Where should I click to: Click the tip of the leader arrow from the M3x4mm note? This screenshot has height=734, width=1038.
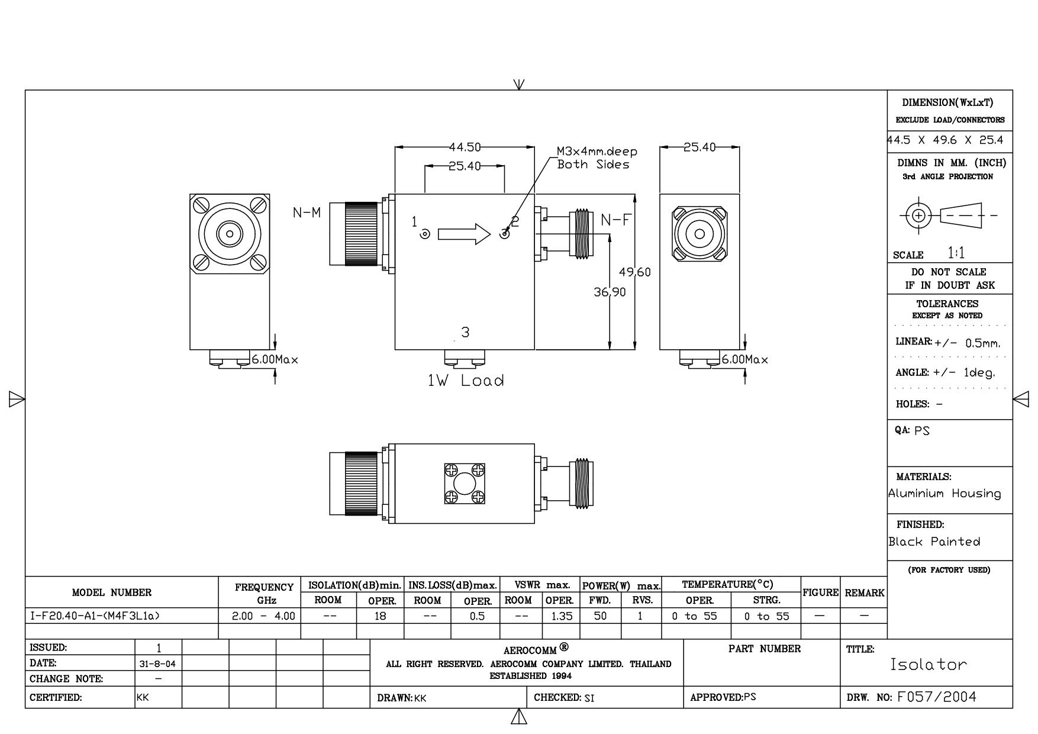pyautogui.click(x=505, y=233)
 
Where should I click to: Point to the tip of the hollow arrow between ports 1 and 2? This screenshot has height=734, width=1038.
pyautogui.click(x=491, y=234)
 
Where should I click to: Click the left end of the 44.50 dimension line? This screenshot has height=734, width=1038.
pyautogui.click(x=395, y=147)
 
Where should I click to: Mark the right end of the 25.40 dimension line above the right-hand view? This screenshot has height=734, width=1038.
pyautogui.click(x=739, y=147)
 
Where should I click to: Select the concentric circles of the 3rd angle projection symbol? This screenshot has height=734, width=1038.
pyautogui.click(x=918, y=215)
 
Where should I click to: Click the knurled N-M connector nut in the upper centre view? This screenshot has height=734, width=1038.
pyautogui.click(x=362, y=234)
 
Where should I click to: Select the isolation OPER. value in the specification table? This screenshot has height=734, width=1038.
pyautogui.click(x=380, y=616)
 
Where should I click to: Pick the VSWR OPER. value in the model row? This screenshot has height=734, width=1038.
pyautogui.click(x=562, y=616)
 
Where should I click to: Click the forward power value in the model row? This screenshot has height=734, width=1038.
pyautogui.click(x=601, y=616)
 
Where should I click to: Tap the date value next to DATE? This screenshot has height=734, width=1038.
pyautogui.click(x=157, y=664)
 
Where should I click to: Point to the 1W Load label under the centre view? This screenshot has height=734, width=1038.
pyautogui.click(x=466, y=381)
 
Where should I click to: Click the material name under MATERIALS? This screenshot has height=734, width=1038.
pyautogui.click(x=944, y=494)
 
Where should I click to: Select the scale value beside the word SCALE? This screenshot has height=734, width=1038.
pyautogui.click(x=956, y=253)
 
